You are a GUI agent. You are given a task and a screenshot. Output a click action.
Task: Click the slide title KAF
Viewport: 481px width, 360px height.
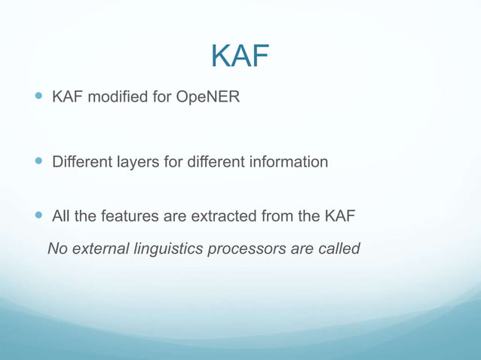240,56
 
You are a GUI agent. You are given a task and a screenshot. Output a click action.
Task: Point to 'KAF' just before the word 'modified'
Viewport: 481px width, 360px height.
67,97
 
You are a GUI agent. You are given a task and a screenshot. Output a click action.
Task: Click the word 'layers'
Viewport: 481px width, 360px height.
134,163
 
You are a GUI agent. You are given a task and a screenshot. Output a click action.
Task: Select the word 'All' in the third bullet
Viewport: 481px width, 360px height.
61,217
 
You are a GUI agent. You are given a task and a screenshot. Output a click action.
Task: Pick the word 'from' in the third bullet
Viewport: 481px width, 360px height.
277,217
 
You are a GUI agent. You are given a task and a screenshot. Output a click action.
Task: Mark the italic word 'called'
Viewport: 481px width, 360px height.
339,249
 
